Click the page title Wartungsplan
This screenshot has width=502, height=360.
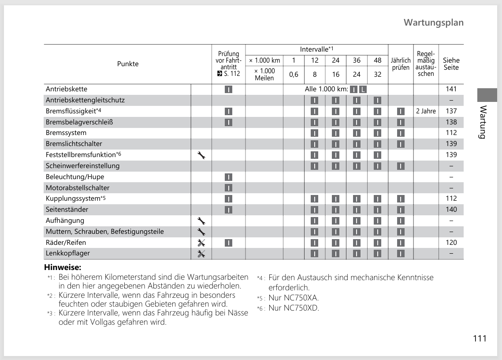pos(433,22)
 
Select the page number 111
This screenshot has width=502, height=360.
pos(480,338)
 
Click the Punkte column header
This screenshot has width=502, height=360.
pos(128,64)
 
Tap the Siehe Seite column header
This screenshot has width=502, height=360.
pos(451,64)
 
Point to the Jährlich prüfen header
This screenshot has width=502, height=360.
pos(400,64)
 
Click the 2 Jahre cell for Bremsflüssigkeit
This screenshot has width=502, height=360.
pos(426,111)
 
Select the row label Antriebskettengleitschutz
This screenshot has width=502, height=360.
pos(85,100)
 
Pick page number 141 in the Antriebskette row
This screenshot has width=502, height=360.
pos(451,89)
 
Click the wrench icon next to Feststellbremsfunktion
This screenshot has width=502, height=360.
pos(201,155)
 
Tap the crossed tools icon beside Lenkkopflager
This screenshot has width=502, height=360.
pos(201,254)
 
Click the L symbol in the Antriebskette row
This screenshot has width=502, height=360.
pos(363,89)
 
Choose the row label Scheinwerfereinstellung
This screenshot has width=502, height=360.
pos(82,166)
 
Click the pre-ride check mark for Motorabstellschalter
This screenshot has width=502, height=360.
pos(228,188)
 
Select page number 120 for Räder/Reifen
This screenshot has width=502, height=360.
pos(451,243)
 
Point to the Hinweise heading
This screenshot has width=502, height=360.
pos(63,267)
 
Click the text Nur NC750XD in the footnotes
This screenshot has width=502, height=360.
pos(294,308)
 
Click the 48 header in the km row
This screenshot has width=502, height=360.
pos(378,60)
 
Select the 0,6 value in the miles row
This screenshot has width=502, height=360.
pos(294,75)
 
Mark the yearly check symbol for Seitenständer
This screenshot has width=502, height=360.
pos(400,210)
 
